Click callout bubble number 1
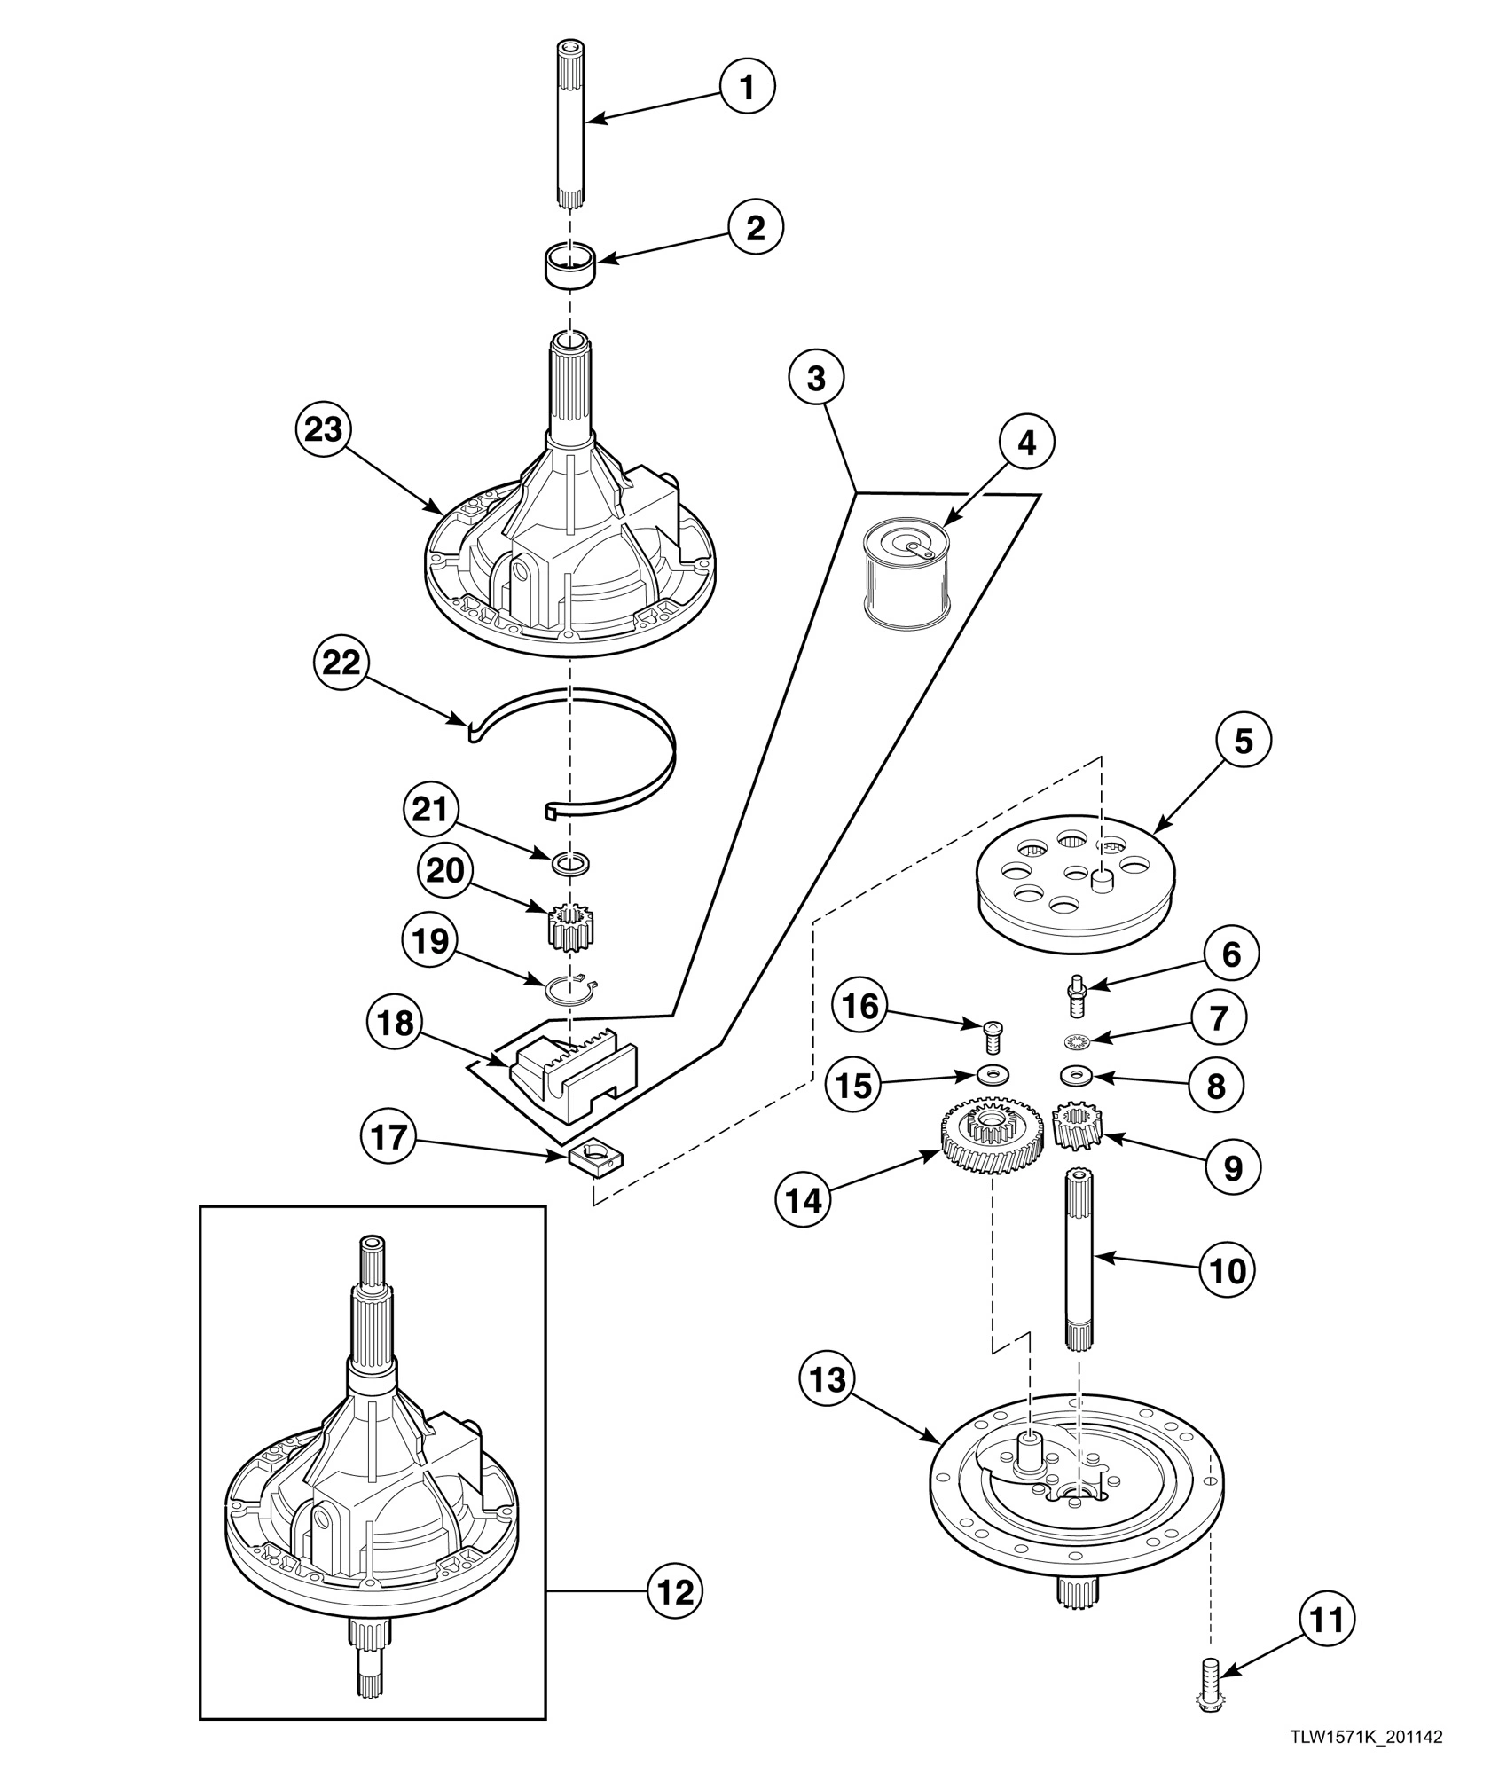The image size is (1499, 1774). [747, 88]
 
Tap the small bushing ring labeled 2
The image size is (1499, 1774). [569, 264]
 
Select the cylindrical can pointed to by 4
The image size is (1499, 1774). [906, 577]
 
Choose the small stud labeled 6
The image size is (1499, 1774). [1076, 996]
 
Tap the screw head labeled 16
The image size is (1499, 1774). [993, 1029]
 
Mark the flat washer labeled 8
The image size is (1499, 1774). [1077, 1076]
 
